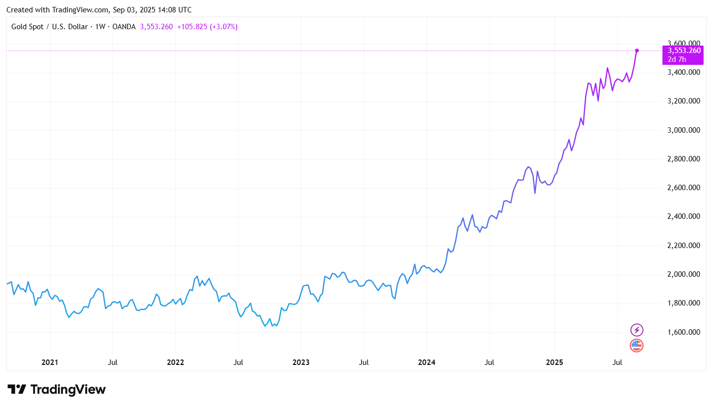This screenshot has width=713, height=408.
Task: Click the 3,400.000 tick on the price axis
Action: click(684, 73)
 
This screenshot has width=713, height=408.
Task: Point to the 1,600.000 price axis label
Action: click(684, 332)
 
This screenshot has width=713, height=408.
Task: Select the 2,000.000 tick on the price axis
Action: click(684, 274)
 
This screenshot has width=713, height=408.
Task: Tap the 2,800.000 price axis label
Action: click(684, 159)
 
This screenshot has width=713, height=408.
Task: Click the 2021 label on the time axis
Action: click(50, 362)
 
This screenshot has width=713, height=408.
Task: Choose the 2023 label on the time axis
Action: click(301, 362)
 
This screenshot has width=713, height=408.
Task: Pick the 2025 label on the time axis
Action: click(554, 362)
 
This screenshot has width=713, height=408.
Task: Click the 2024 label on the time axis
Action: click(427, 362)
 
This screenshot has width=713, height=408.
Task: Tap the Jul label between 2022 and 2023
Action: click(238, 362)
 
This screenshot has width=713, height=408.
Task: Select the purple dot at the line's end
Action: click(637, 51)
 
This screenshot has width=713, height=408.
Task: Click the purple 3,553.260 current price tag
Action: click(684, 51)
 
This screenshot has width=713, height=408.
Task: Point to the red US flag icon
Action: click(637, 346)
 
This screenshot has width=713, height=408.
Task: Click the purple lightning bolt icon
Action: click(637, 330)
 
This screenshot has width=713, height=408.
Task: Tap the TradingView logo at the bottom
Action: click(56, 390)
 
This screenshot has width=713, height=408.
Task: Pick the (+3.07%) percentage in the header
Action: click(224, 27)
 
